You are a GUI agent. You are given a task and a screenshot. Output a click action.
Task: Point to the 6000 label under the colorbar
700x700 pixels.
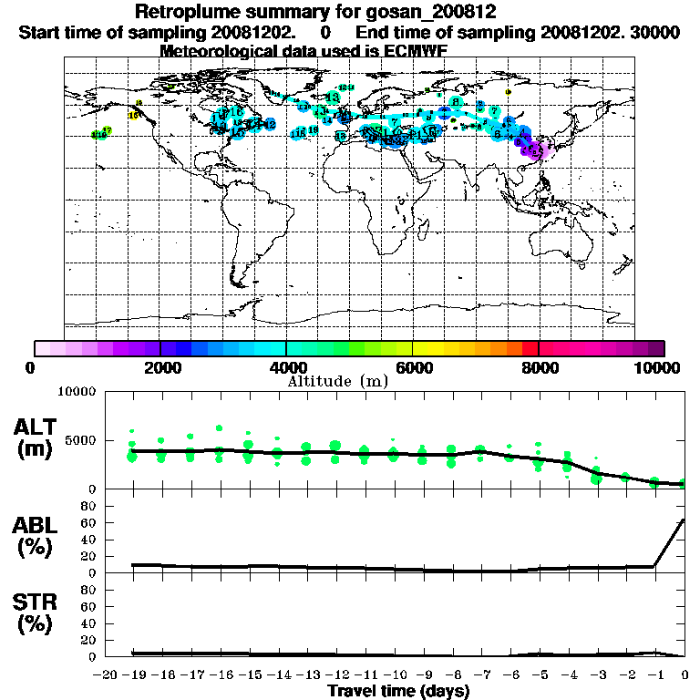pyautogui.click(x=413, y=367)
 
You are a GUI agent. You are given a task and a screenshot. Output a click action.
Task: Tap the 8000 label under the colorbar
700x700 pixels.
pyautogui.click(x=539, y=367)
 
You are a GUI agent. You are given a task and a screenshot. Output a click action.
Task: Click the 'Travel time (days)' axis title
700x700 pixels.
pyautogui.click(x=398, y=692)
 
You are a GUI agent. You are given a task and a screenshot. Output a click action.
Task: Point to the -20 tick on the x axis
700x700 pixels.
pyautogui.click(x=108, y=675)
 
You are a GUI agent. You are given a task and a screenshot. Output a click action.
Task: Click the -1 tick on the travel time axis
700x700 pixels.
pyautogui.click(x=654, y=675)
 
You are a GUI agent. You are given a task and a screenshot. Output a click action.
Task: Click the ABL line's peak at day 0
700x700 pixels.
pyautogui.click(x=684, y=520)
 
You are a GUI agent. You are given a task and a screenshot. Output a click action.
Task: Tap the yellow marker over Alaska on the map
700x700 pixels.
pyautogui.click(x=134, y=115)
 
